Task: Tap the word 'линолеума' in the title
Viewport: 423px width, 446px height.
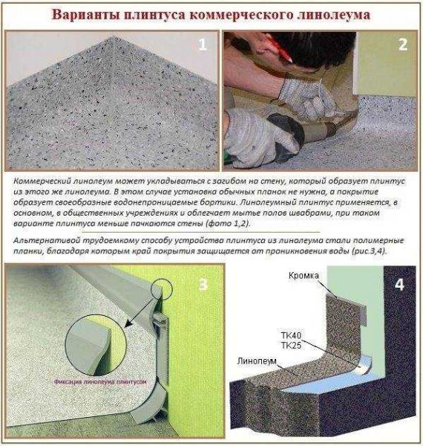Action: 344,15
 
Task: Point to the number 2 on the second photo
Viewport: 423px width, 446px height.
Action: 401,45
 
